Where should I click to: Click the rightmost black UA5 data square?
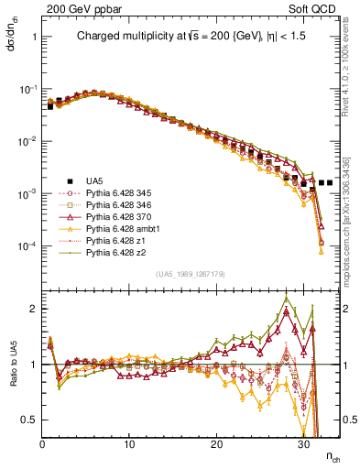click(330, 182)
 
